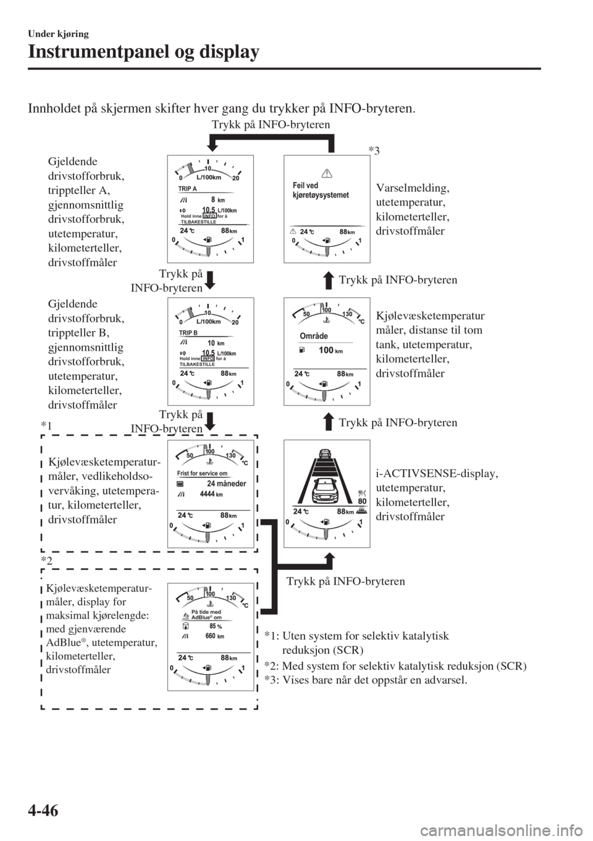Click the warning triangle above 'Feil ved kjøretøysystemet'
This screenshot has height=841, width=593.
point(327,173)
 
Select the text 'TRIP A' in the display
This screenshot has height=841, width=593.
point(187,189)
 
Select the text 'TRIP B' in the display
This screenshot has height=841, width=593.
point(187,333)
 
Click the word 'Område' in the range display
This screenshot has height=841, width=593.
point(313,337)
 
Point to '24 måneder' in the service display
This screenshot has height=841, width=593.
point(226,483)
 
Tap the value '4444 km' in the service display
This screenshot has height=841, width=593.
point(211,495)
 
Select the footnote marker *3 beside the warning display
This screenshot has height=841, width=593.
point(374,150)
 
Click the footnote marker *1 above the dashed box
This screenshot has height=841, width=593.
point(46,427)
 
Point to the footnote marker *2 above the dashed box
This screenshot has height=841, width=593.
point(46,560)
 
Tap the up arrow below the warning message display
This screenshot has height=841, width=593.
point(329,280)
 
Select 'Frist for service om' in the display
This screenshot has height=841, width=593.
point(198,474)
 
